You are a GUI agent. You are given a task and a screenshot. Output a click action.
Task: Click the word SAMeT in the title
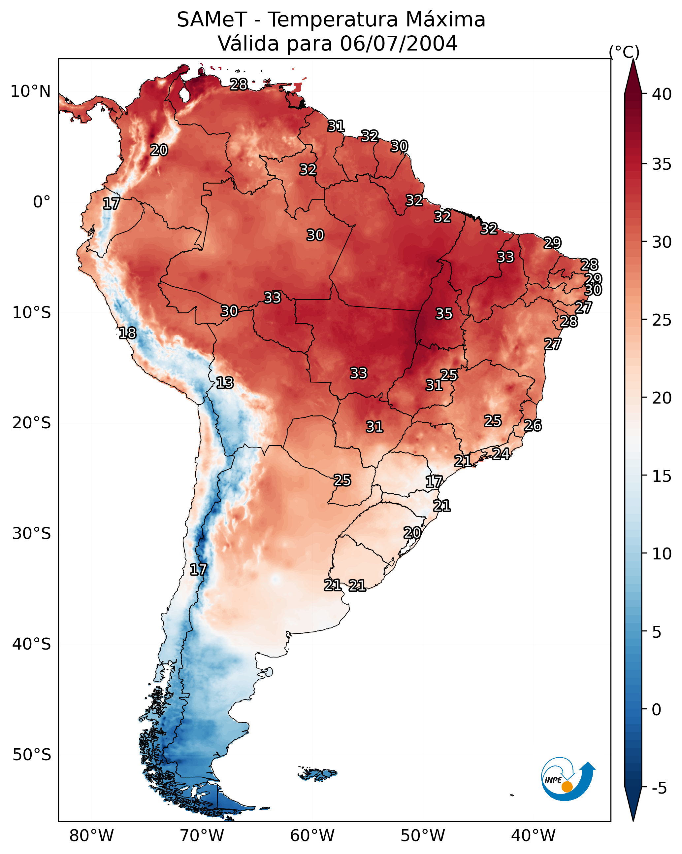[212, 20]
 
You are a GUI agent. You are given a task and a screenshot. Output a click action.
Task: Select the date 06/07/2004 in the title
[399, 44]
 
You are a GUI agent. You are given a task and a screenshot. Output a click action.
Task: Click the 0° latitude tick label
[42, 202]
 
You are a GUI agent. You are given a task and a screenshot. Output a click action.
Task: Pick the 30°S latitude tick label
[32, 534]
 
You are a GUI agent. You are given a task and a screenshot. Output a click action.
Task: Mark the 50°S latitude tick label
[32, 755]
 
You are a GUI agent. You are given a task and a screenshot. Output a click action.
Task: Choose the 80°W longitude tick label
[91, 836]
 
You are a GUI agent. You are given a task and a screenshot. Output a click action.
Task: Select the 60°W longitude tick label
[312, 836]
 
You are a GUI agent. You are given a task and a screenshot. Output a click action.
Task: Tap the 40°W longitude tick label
[533, 836]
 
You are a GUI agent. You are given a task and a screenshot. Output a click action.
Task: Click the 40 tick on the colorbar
[662, 94]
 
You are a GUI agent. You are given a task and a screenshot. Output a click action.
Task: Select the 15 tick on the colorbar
[662, 476]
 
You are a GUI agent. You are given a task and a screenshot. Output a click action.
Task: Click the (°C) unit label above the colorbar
[624, 52]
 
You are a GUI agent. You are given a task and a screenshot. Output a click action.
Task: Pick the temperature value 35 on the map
[444, 314]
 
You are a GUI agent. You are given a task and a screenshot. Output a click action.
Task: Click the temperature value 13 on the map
[225, 383]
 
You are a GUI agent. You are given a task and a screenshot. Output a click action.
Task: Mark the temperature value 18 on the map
[127, 333]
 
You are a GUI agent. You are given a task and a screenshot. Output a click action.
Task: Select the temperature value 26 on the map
[533, 425]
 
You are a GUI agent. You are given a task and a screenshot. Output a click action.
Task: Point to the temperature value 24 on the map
[501, 453]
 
